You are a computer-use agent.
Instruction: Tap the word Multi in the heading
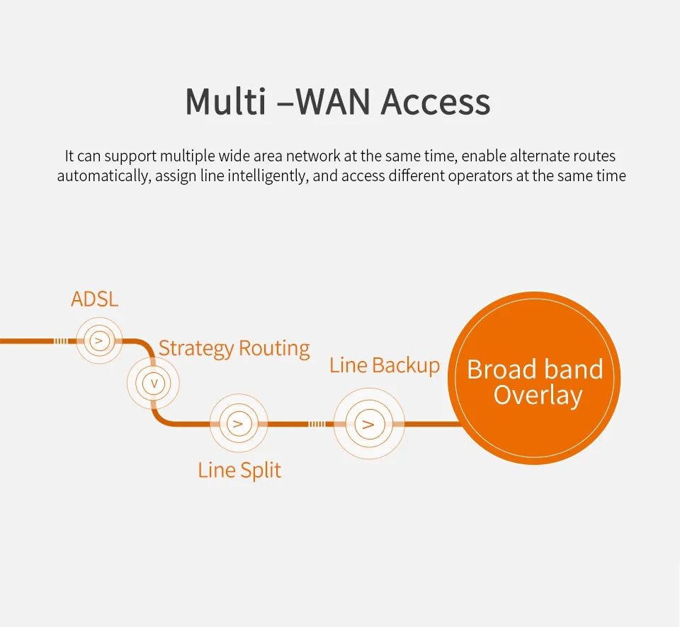click(x=225, y=101)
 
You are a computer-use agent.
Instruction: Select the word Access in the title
click(x=436, y=102)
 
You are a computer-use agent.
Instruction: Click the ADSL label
click(x=94, y=299)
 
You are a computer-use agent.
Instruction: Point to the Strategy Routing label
click(x=234, y=349)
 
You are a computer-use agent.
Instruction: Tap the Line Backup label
click(x=385, y=365)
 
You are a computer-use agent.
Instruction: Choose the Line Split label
click(x=239, y=471)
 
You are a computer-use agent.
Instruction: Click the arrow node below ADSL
click(x=99, y=340)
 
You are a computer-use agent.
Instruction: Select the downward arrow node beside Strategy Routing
click(x=153, y=383)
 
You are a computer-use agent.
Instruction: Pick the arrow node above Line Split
click(x=239, y=423)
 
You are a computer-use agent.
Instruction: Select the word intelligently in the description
click(x=268, y=176)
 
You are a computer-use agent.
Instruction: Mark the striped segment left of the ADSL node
click(x=60, y=341)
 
